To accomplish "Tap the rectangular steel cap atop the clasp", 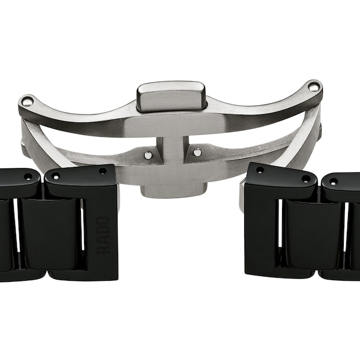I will coord(171,96).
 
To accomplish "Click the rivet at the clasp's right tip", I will coord(314,88).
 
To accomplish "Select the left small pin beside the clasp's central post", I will coord(148,155).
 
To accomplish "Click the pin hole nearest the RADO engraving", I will coord(103,171).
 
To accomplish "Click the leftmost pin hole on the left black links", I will coord(28,177).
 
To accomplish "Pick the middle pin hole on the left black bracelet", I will coord(56,176).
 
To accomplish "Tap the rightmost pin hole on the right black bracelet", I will coord(333,181).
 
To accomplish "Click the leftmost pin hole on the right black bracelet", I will coord(259,170).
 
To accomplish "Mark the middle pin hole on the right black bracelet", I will coord(305,178).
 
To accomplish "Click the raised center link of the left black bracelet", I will coord(50,234).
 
